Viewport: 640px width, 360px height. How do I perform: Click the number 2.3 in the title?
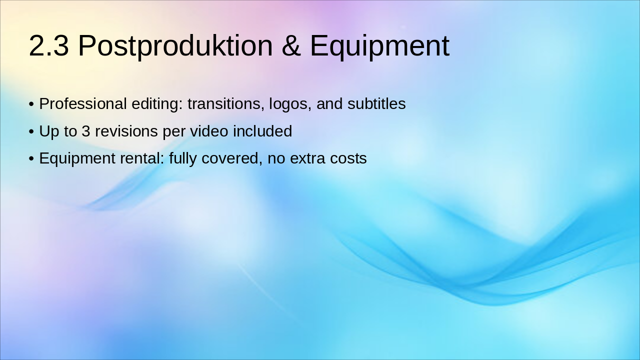(48, 46)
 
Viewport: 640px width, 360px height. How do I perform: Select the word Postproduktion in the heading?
(175, 46)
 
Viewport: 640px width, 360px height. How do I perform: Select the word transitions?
(226, 104)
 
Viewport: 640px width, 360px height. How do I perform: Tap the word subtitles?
(376, 104)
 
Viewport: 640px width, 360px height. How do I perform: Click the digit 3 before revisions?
(86, 131)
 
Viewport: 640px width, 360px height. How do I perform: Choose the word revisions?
(127, 131)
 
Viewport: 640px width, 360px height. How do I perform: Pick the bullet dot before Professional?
(31, 104)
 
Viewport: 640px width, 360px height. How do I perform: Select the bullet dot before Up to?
(31, 132)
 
